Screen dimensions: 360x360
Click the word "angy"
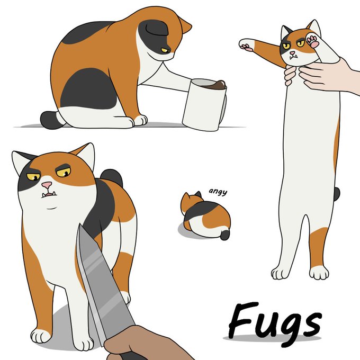218,192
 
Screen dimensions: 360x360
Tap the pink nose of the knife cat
47,184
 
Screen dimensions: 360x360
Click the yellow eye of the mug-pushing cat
166,50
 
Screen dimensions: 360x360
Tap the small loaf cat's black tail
225,235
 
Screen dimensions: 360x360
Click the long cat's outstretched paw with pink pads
246,44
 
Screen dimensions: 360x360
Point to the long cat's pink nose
292,53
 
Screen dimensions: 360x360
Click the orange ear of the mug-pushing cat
185,25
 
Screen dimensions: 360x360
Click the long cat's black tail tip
337,194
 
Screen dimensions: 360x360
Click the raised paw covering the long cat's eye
312,40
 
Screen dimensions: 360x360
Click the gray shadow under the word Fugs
272,338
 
